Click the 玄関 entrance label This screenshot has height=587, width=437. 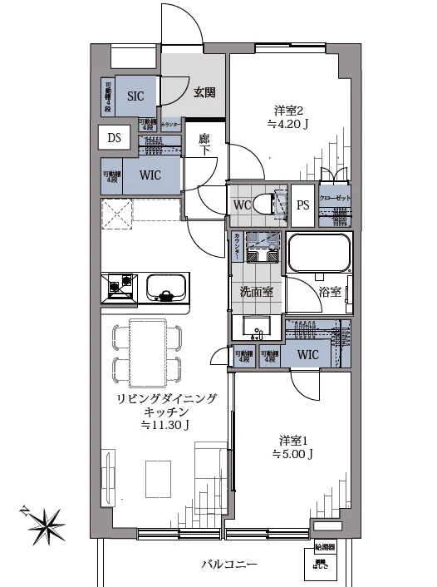coord(206,92)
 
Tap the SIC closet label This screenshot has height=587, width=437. coord(135,95)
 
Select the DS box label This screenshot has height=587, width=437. coord(113,138)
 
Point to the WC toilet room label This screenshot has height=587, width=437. coord(242,204)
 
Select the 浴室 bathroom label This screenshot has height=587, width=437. coord(330,291)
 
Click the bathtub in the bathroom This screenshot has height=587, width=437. coord(319,254)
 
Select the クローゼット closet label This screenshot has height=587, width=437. coord(336,199)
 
